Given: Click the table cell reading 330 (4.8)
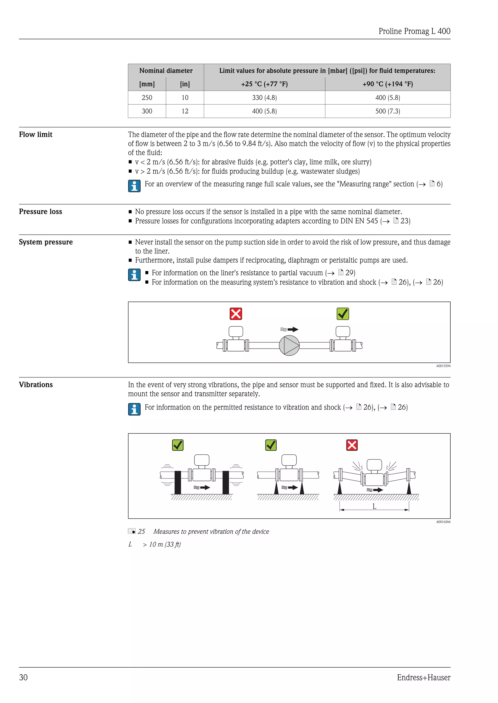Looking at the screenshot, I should coord(264,98).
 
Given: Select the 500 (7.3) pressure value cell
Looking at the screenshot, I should coord(387,111).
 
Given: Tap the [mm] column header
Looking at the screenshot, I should coord(147,84).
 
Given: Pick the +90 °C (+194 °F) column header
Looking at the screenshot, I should coord(387,84).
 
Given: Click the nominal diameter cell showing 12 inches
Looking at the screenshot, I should coord(185,111).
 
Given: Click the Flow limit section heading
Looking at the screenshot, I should coord(36,134).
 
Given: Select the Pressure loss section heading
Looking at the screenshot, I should coord(40,212).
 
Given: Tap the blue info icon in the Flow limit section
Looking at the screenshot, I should coord(134,186).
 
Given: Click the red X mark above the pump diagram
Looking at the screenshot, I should coord(236,314).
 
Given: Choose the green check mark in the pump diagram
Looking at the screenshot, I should coord(343,314).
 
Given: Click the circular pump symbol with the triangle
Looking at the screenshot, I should coord(289,345).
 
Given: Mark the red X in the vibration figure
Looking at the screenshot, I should coord(352,445).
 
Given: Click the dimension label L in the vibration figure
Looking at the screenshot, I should coord(374,506).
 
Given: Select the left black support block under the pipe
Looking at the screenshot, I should coord(178,483).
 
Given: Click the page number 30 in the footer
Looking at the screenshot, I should coord(23,677).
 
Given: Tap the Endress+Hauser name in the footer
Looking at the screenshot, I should coord(424,677).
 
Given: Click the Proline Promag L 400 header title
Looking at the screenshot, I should coord(414,31).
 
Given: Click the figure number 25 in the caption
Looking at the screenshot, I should coord(141,532).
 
